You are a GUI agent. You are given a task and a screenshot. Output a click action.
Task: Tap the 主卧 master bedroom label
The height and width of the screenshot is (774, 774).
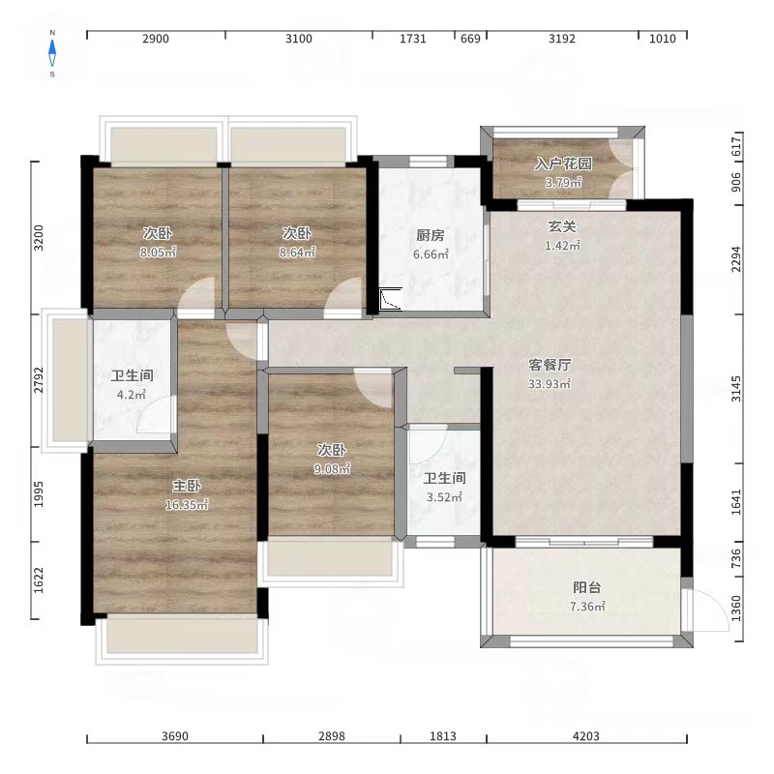coord(187,487)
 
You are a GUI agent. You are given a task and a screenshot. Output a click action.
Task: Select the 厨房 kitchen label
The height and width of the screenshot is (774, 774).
coord(430,235)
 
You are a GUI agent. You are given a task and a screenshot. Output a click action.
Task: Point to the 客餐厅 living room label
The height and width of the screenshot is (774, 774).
coord(550,365)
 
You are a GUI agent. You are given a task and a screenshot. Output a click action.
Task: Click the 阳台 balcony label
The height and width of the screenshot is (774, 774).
coord(587,587)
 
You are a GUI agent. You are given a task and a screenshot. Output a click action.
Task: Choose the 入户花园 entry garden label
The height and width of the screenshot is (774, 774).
coord(563,164)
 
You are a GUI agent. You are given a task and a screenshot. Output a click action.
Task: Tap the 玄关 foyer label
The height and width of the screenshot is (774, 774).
coord(562,226)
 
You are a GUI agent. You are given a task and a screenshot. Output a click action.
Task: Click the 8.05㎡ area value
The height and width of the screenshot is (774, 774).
coord(158,253)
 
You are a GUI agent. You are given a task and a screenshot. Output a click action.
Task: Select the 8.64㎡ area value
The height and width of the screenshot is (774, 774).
coord(297,253)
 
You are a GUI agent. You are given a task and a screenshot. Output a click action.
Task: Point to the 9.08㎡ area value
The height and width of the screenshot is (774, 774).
coord(332,468)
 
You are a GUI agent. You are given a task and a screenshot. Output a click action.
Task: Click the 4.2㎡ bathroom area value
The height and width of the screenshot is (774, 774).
coord(132,395)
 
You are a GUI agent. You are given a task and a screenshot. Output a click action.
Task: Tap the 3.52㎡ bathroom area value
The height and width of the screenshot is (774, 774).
coord(444,497)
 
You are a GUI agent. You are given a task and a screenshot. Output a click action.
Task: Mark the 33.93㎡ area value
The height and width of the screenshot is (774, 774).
coord(550,383)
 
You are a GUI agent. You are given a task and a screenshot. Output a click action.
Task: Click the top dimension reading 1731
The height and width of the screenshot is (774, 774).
coord(413,39)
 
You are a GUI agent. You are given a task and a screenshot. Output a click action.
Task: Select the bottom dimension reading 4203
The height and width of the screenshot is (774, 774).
coord(586,736)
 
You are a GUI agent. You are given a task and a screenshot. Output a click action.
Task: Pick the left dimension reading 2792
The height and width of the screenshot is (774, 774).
coord(39,380)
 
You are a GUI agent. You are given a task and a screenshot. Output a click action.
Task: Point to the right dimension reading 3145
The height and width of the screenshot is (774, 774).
coord(736,389)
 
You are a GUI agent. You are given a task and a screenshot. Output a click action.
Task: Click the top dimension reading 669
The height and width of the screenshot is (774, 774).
coord(470,39)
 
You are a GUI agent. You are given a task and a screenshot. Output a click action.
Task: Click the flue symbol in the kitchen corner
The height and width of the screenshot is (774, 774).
coord(391,299)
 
